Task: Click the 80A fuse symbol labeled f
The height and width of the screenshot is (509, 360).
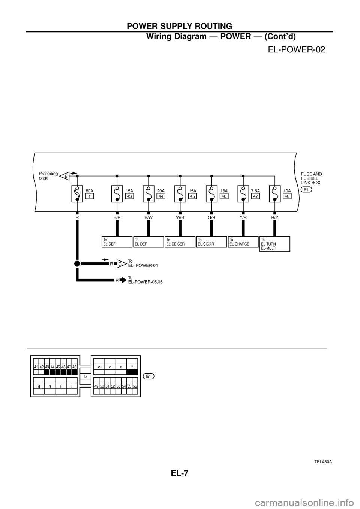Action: click(77, 194)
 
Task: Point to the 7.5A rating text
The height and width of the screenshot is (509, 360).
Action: click(256, 190)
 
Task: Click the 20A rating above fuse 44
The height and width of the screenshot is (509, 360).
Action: click(160, 190)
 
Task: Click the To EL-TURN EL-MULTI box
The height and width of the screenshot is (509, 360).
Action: click(274, 244)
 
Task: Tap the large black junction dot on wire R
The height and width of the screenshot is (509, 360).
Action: click(77, 263)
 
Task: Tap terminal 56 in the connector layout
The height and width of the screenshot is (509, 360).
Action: click(135, 386)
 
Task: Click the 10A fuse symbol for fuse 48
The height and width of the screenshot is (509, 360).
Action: click(274, 194)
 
